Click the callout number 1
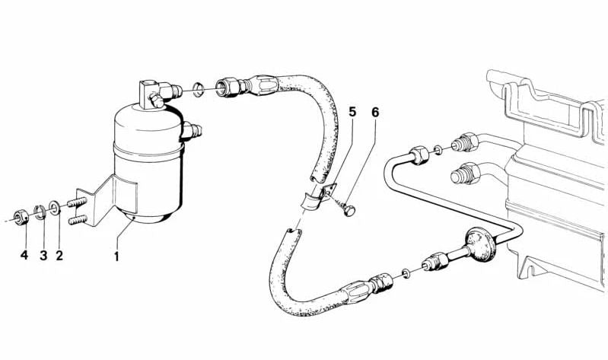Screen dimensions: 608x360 (x=116, y=256)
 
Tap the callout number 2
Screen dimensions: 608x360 (x=59, y=256)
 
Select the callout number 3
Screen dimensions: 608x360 (x=43, y=256)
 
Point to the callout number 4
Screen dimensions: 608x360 (x=24, y=255)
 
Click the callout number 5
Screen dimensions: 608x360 (x=352, y=112)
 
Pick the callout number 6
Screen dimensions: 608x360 (x=375, y=112)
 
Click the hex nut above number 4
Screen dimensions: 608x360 (x=21, y=215)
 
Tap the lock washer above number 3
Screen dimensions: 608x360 (x=40, y=212)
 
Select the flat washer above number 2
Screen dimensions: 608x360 (x=55, y=208)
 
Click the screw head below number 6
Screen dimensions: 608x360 (x=350, y=210)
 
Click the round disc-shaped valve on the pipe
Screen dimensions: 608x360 (x=481, y=245)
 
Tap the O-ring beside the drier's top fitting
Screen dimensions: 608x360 (x=199, y=89)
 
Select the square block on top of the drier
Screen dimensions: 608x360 (x=148, y=93)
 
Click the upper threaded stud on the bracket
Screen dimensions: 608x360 (x=78, y=202)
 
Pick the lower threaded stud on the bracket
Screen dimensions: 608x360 (x=78, y=220)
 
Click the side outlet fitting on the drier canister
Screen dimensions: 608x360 (x=191, y=130)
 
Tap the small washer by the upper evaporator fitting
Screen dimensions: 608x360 (x=438, y=149)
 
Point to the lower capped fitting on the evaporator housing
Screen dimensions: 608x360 (x=465, y=173)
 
